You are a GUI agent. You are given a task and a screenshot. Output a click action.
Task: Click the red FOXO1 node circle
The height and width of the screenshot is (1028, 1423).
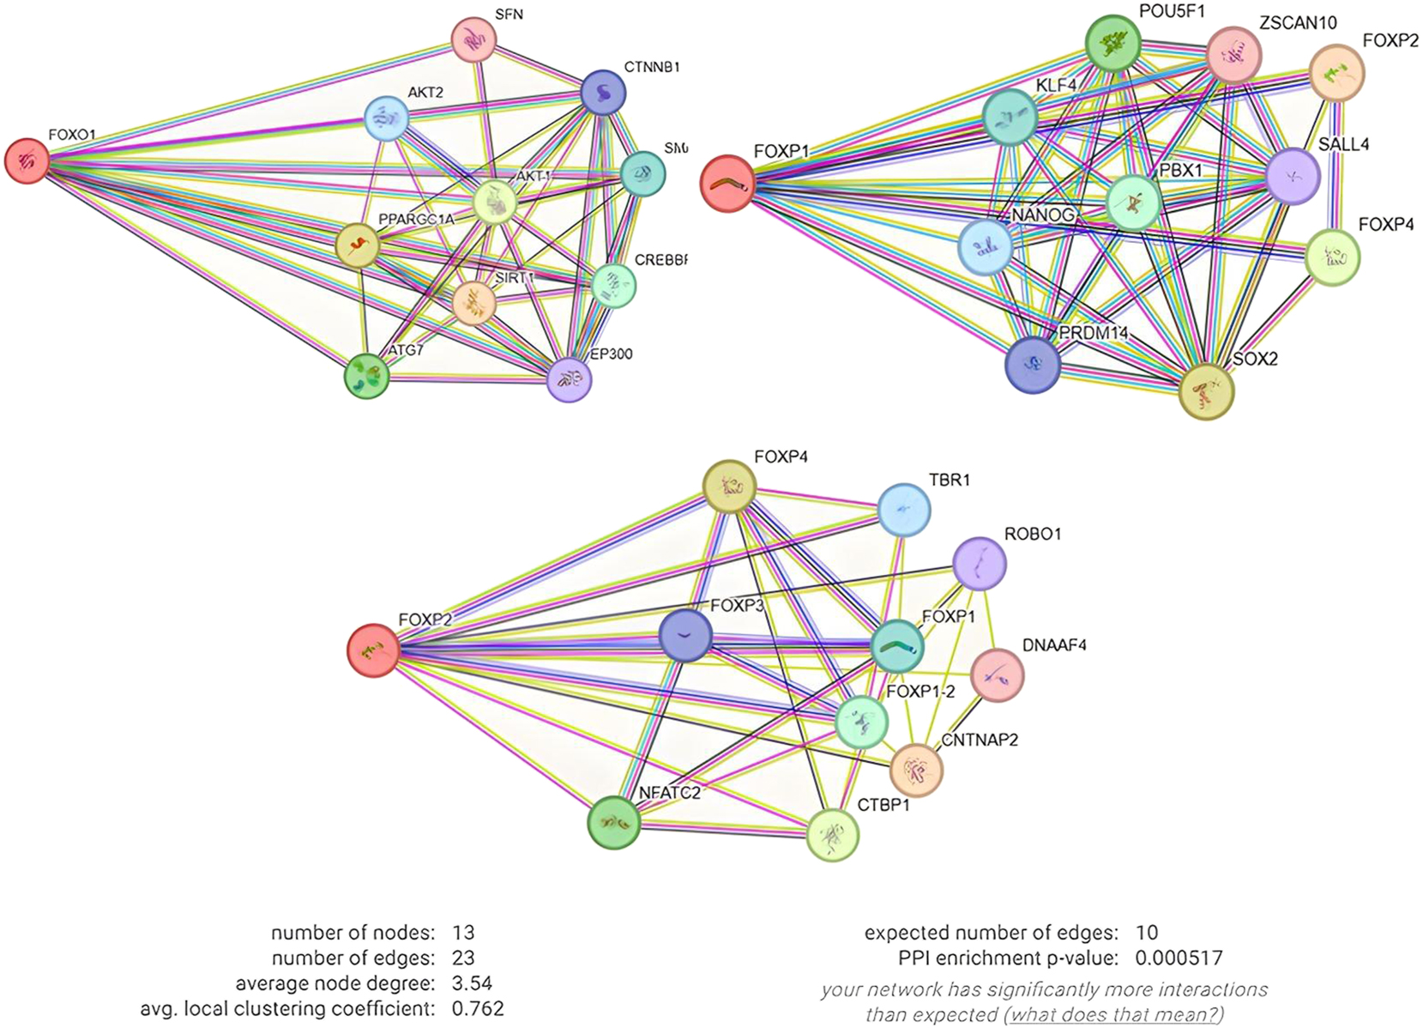coord(27,160)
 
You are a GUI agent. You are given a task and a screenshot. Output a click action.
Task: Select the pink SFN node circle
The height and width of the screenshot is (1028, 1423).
coord(473,39)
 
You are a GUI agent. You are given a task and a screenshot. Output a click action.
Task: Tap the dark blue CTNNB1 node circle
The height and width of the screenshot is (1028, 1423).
coord(603,94)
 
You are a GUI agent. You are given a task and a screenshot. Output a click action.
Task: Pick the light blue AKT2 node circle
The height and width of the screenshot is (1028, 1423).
coord(387,118)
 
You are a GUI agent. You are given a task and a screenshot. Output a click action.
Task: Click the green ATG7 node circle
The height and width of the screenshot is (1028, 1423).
coord(367,376)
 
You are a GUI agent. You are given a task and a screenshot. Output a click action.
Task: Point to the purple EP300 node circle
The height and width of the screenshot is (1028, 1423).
coord(570,378)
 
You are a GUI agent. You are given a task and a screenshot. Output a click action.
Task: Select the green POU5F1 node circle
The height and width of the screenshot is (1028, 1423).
coord(1113,43)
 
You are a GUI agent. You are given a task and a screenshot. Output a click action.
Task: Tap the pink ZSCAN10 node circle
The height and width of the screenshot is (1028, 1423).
coord(1233,55)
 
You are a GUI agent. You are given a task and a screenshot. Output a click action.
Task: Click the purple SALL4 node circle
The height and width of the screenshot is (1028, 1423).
coord(1293,177)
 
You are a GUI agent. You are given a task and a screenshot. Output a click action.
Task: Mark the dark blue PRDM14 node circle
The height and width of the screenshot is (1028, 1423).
coord(1033,365)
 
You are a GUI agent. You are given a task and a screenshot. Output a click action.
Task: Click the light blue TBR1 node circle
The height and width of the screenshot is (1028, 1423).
coord(904,510)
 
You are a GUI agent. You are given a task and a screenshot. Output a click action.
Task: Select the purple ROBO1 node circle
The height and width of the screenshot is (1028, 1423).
coord(980,564)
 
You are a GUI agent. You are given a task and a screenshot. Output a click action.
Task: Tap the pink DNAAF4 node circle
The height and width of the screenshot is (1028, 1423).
coord(997,675)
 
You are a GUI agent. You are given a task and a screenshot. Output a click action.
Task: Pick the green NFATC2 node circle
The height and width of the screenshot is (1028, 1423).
coord(614,822)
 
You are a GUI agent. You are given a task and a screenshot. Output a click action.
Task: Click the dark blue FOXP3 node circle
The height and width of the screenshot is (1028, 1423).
coord(685,636)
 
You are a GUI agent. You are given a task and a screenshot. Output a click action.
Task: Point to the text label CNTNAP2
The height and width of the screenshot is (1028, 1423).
coord(980,740)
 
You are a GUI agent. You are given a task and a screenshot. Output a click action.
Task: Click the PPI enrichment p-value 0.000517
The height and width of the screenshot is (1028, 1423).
coord(1179,958)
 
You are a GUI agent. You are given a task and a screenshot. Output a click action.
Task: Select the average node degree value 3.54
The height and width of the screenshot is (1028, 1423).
coord(472,983)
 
